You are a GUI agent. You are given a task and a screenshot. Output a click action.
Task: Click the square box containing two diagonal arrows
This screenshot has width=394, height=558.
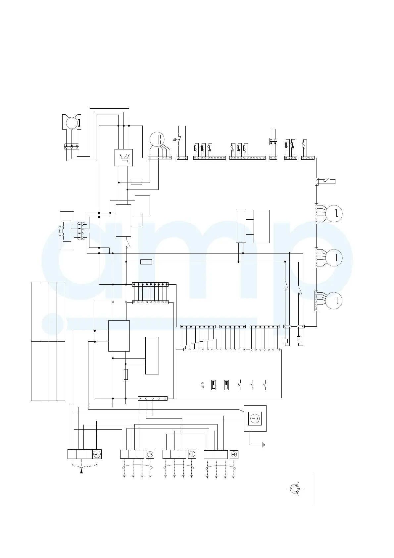tap(123, 157)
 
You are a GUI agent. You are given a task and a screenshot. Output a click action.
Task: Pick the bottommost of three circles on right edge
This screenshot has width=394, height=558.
tap(334, 301)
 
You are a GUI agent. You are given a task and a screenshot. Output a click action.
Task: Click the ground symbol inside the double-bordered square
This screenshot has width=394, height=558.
tap(255, 418)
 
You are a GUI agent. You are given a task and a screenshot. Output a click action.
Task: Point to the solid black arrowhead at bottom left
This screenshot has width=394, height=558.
tap(81, 471)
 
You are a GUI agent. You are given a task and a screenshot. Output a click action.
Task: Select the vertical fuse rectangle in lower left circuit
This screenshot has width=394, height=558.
tap(126, 374)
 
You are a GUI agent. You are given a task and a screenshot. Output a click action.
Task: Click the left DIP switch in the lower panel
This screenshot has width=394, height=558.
tap(214, 385)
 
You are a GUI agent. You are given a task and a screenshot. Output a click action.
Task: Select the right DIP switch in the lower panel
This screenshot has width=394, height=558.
tap(226, 385)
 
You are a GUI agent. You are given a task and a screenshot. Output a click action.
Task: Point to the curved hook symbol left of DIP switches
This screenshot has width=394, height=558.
tap(203, 385)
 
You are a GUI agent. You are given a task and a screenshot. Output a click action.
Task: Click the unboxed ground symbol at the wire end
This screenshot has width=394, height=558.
tap(263, 445)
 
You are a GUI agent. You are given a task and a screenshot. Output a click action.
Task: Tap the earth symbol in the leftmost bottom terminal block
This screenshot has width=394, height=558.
tap(97, 454)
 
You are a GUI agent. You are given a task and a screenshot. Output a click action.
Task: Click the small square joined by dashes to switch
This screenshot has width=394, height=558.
tap(174, 139)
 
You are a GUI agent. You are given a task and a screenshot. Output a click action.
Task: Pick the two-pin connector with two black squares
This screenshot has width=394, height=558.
tap(273, 141)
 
